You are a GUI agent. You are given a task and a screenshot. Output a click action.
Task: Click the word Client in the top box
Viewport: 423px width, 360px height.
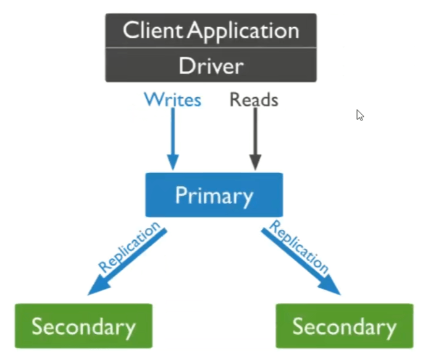pyautogui.click(x=153, y=30)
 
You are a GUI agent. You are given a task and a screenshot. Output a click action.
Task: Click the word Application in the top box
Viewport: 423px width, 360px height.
pyautogui.click(x=243, y=32)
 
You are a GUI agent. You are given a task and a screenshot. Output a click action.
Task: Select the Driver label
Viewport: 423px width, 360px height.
pyautogui.click(x=211, y=65)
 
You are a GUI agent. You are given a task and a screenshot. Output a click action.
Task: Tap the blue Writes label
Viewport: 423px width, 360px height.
pyautogui.click(x=173, y=99)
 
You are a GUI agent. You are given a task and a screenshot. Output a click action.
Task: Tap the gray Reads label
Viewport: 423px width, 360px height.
pyautogui.click(x=254, y=99)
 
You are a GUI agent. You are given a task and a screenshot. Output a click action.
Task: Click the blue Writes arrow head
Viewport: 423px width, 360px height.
pyautogui.click(x=173, y=162)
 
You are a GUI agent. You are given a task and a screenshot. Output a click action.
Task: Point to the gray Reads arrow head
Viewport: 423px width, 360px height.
pyautogui.click(x=255, y=162)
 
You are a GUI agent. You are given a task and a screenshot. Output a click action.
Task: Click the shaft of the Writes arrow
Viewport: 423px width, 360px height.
pyautogui.click(x=173, y=131)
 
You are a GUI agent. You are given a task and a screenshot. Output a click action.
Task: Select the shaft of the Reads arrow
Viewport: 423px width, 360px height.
pyautogui.click(x=255, y=132)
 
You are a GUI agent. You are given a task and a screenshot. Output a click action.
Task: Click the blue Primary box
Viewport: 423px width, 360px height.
pyautogui.click(x=214, y=195)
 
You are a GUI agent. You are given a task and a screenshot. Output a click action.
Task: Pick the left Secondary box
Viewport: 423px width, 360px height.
pyautogui.click(x=83, y=326)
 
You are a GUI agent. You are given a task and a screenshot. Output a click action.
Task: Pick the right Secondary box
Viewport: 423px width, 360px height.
pyautogui.click(x=345, y=326)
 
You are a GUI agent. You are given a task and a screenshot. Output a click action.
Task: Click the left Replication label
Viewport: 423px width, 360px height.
pyautogui.click(x=129, y=246)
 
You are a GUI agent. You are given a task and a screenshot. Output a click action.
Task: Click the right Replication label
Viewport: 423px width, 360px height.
pyautogui.click(x=299, y=246)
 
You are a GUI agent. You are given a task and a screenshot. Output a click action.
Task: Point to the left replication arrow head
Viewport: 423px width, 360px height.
pyautogui.click(x=98, y=287)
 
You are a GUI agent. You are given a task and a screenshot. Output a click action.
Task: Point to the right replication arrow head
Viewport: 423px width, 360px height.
pyautogui.click(x=330, y=286)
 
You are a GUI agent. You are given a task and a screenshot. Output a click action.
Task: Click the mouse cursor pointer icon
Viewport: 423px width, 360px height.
pyautogui.click(x=360, y=115)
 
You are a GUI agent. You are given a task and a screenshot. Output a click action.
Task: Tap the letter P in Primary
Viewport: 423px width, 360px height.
pyautogui.click(x=181, y=195)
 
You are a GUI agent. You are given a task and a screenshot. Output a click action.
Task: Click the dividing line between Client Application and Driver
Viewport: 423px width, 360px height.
pyautogui.click(x=211, y=48)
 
